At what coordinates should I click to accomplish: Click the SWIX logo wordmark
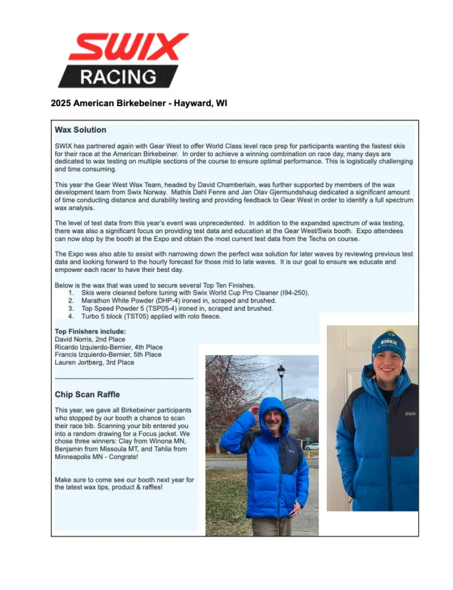pyautogui.click(x=128, y=48)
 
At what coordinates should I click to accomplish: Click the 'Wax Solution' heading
pyautogui.click(x=81, y=130)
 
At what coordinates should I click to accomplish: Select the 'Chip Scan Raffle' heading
pyautogui.click(x=87, y=394)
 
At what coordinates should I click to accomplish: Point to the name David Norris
pyautogui.click(x=76, y=339)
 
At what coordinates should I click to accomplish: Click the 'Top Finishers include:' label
pyautogui.click(x=90, y=331)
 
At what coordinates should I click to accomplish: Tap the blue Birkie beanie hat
pyautogui.click(x=388, y=345)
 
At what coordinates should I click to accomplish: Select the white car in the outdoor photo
pyautogui.click(x=312, y=446)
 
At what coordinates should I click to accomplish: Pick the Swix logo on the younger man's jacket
pyautogui.click(x=410, y=413)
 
